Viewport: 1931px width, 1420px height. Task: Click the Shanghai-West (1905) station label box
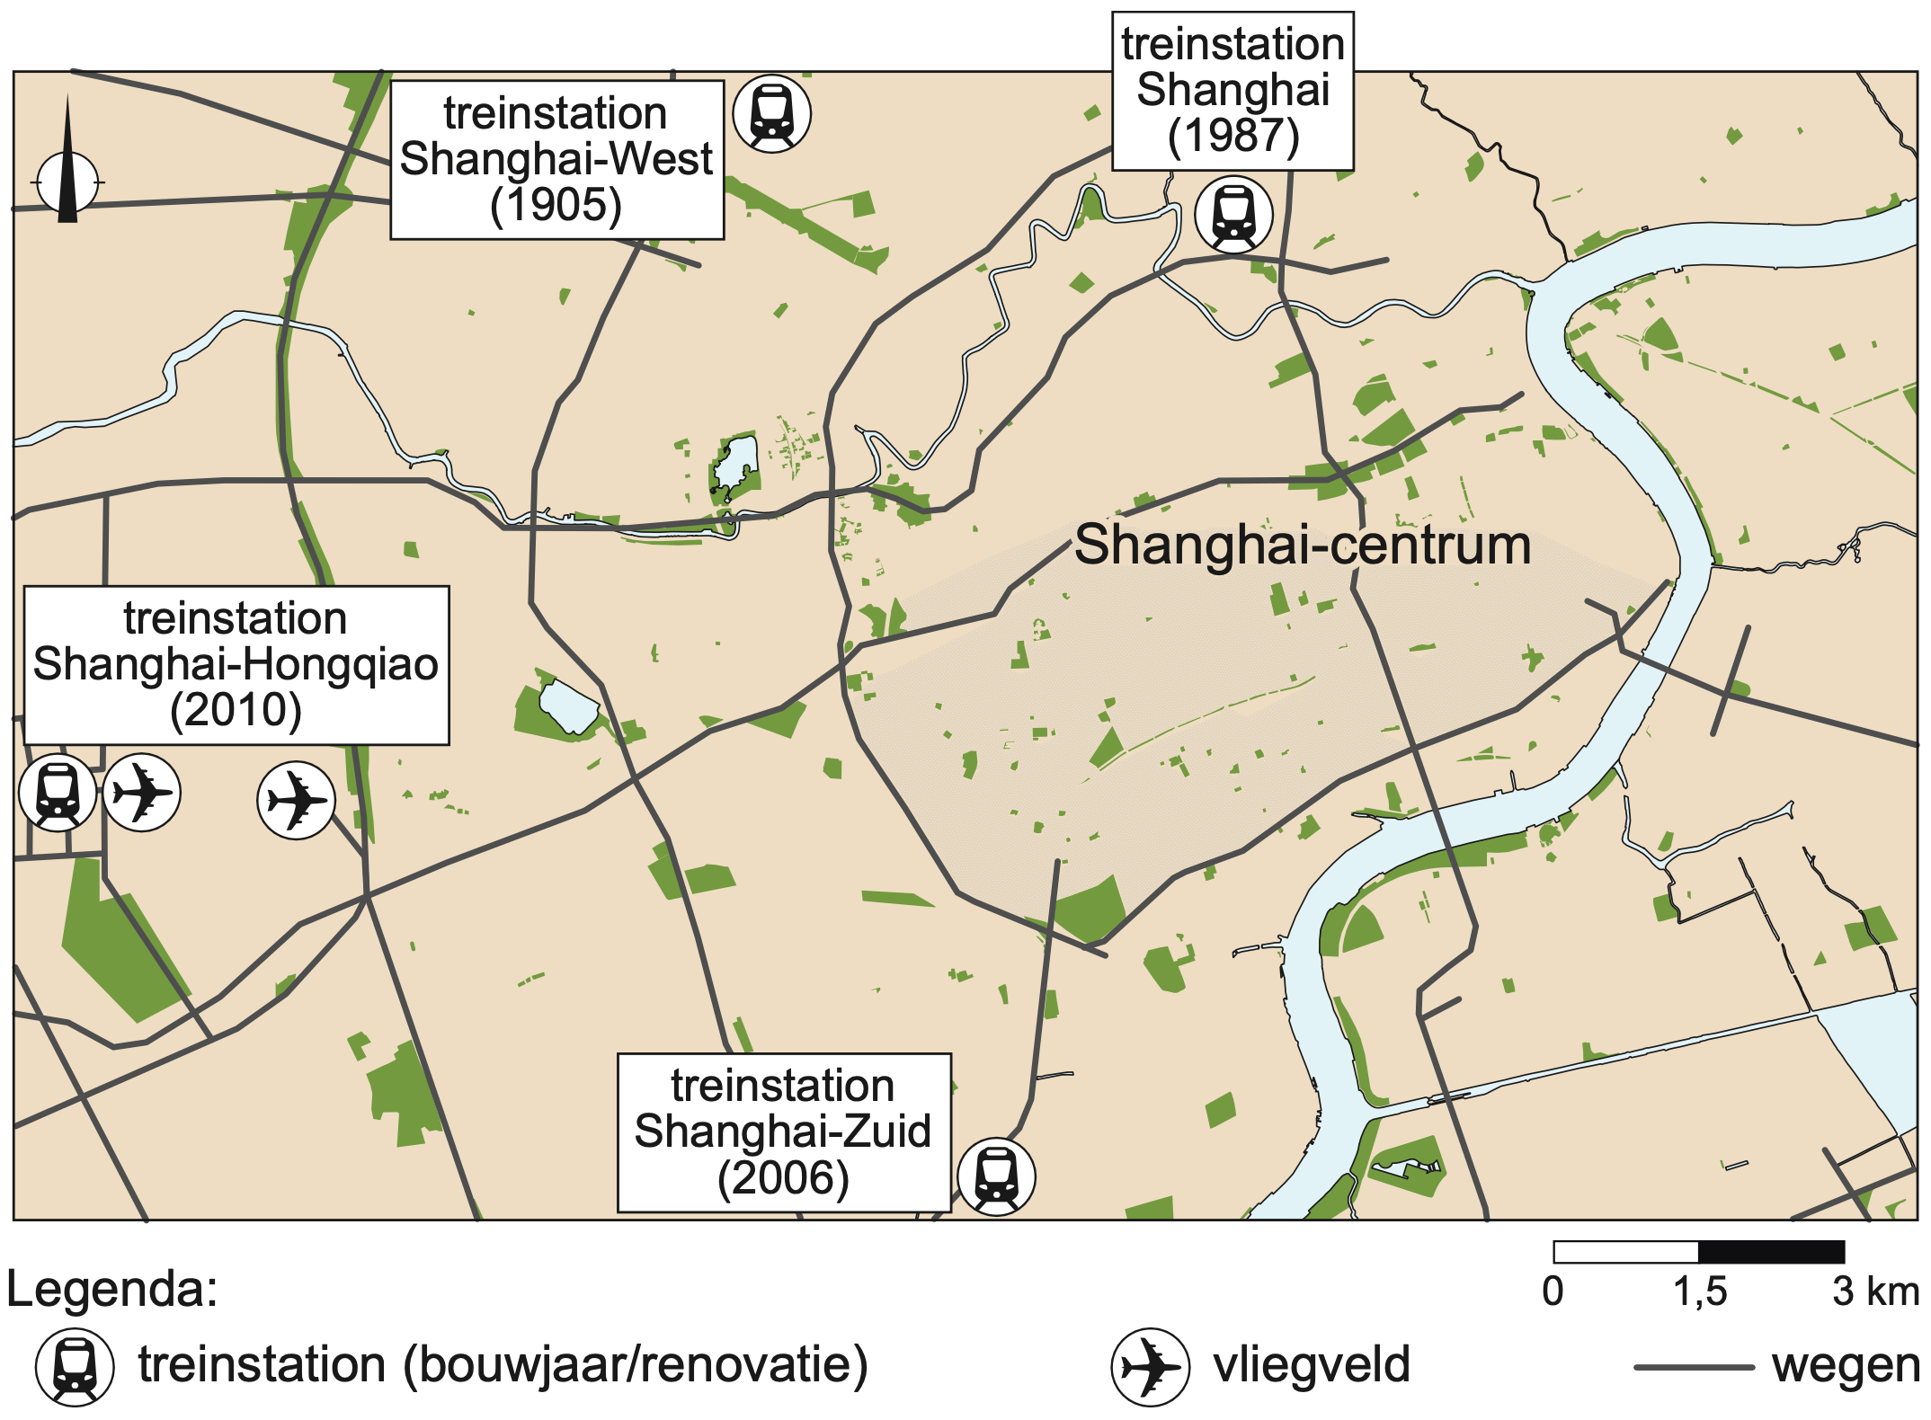[556, 160]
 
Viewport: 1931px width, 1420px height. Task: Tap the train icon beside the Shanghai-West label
[771, 114]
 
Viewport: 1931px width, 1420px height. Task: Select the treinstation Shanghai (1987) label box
[1232, 90]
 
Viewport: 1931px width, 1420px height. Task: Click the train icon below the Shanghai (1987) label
[1233, 215]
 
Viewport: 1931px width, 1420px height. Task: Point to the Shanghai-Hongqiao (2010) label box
[236, 665]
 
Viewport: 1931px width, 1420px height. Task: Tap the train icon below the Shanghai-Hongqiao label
[58, 793]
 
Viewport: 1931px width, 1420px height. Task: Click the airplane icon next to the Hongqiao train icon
[141, 793]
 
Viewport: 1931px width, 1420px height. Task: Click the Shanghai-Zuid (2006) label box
[783, 1132]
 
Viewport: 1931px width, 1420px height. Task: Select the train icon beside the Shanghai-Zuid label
[996, 1176]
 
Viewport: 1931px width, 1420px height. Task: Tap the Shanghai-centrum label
[1303, 545]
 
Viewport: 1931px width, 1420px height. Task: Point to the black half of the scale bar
[1771, 1252]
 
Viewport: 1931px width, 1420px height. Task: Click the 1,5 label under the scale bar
[1699, 1291]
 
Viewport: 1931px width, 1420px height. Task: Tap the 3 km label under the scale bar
[1875, 1291]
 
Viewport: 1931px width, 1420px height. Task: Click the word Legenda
[112, 1290]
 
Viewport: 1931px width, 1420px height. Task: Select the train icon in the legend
[75, 1367]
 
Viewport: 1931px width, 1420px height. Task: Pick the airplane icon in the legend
[1150, 1367]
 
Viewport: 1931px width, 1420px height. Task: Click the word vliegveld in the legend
[1312, 1365]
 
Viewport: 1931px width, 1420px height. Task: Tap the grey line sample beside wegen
[1694, 1367]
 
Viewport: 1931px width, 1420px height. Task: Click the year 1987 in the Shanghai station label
[1233, 137]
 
